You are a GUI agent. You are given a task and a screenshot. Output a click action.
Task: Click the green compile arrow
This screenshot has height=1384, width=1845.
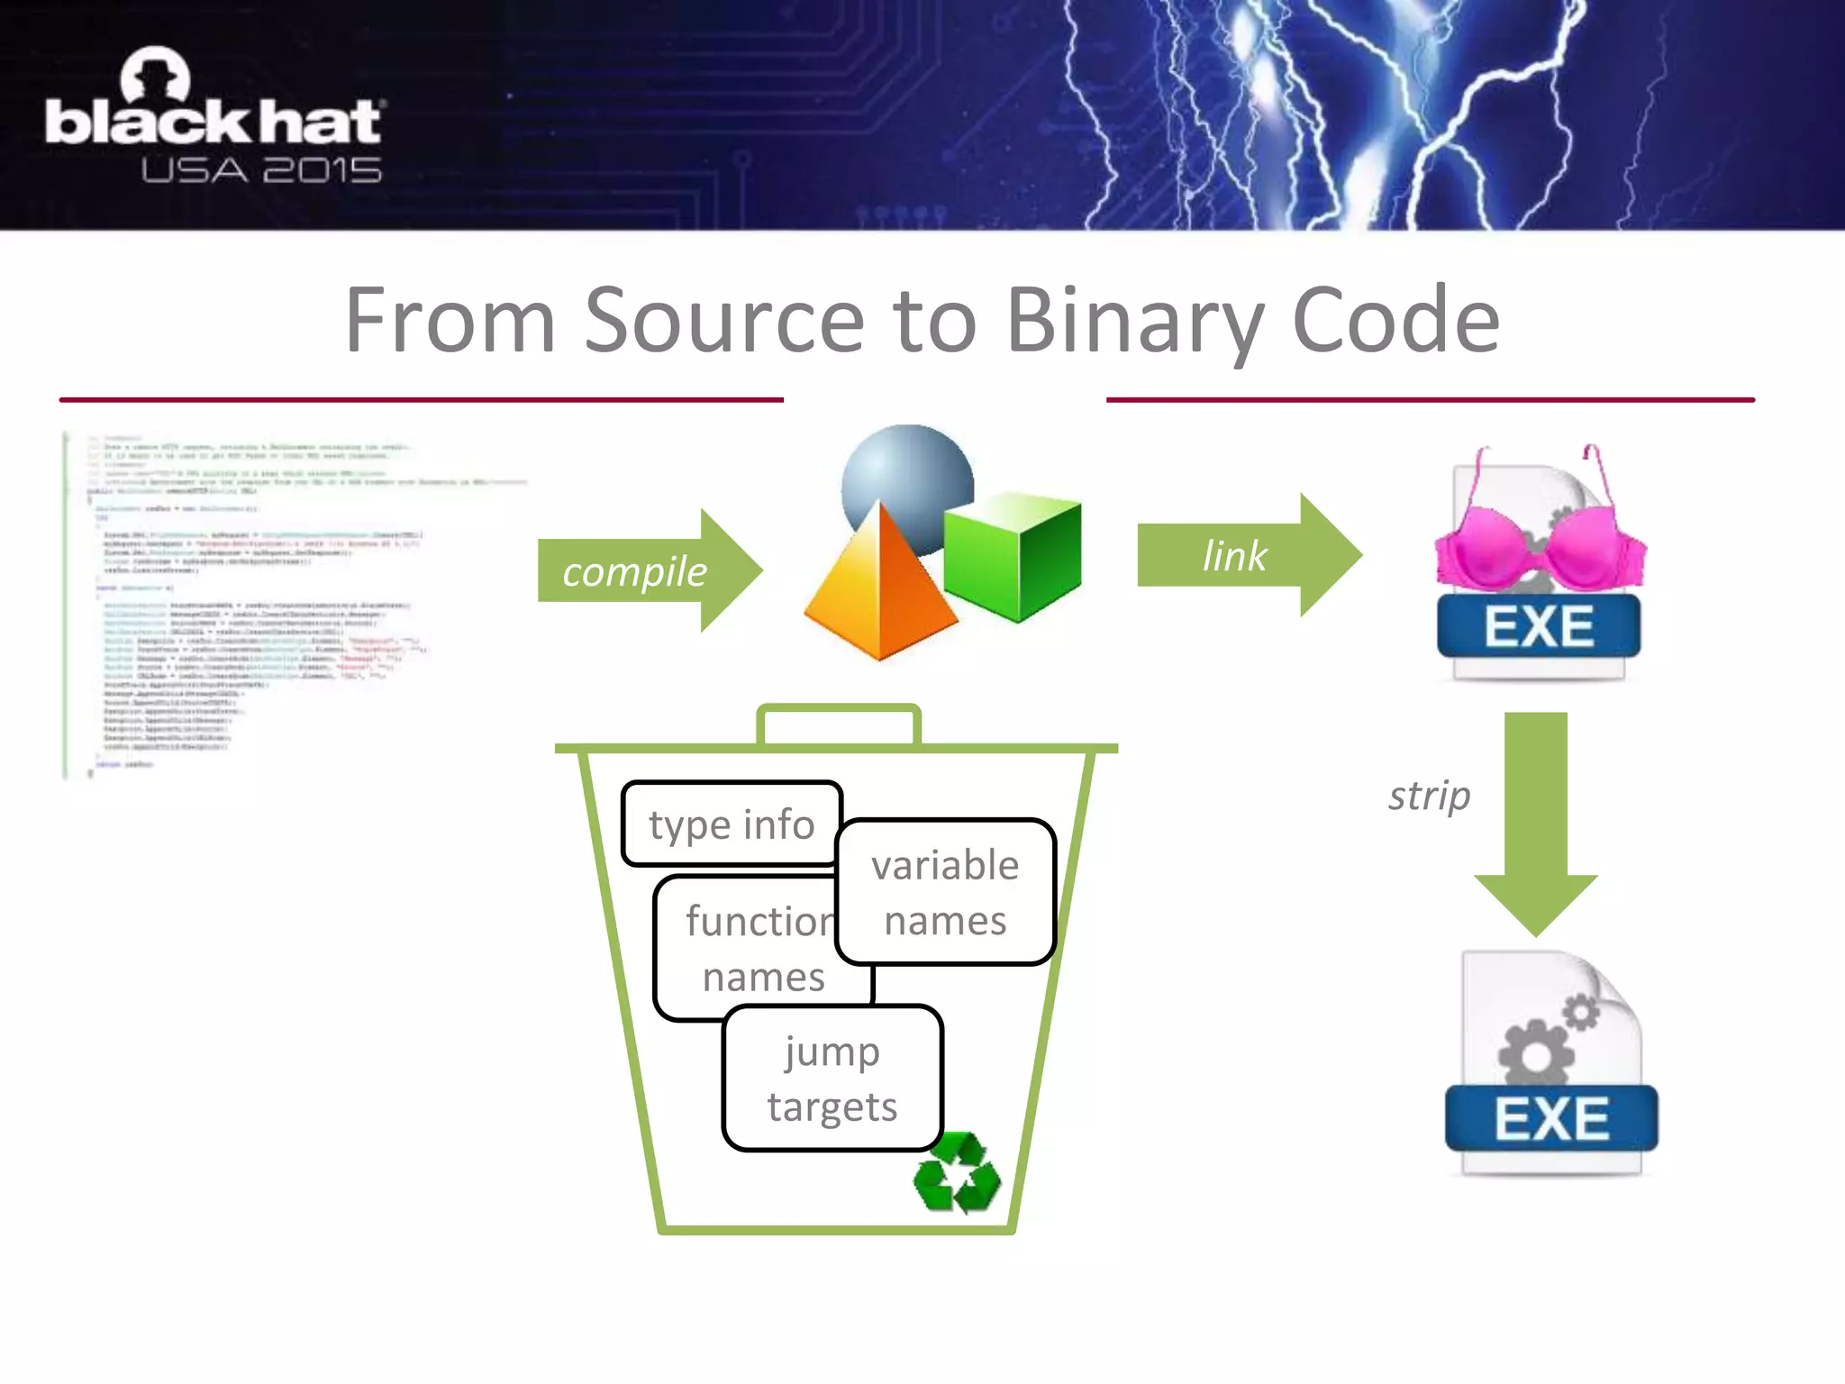[x=649, y=570]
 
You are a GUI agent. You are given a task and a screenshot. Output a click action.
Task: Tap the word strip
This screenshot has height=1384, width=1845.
[x=1429, y=796]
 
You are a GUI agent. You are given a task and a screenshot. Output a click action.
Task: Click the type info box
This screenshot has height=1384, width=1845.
[x=731, y=824]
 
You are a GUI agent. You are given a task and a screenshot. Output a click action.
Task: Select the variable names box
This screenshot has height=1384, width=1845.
[x=945, y=892]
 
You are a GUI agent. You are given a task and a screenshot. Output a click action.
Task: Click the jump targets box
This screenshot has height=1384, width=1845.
[x=832, y=1079]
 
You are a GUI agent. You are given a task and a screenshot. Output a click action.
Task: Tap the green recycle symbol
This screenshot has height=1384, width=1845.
[x=957, y=1173]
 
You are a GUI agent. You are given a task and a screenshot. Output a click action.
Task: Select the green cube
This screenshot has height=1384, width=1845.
[x=1013, y=554]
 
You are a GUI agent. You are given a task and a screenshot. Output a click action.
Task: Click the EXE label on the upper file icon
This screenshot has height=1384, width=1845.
[x=1539, y=626]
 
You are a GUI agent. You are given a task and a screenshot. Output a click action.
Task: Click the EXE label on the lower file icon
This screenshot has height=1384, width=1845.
[x=1551, y=1119]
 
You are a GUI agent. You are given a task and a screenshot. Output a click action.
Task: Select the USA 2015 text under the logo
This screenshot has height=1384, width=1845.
[x=261, y=170]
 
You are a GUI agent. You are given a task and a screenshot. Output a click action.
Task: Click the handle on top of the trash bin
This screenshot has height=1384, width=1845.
[x=839, y=721]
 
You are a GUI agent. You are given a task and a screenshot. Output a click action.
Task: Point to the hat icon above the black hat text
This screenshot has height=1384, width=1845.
[x=155, y=75]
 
